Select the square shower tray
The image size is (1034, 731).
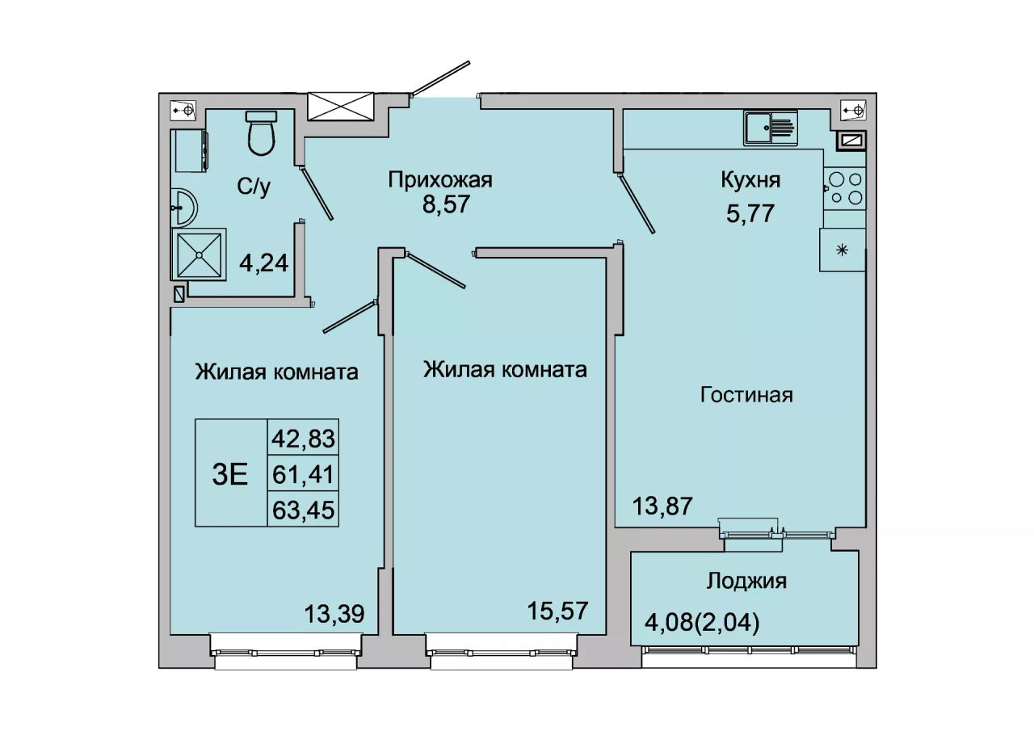[199, 254]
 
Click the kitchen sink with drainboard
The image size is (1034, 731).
[771, 128]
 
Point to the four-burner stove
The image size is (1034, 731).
[845, 188]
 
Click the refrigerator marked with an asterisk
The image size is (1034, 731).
[843, 250]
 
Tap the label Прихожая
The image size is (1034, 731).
[440, 179]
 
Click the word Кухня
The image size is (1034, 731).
[750, 180]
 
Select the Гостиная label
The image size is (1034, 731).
[746, 395]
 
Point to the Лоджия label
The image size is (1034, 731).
[746, 582]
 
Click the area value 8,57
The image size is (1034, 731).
[446, 204]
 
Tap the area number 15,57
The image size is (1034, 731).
[557, 611]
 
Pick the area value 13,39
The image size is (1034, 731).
[334, 614]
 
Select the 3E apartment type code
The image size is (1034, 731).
[230, 474]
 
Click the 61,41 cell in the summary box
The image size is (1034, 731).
[303, 474]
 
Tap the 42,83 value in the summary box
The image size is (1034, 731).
[303, 439]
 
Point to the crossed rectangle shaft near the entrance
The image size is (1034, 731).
[340, 107]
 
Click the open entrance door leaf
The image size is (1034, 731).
[440, 78]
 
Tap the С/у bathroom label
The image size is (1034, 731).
[254, 187]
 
